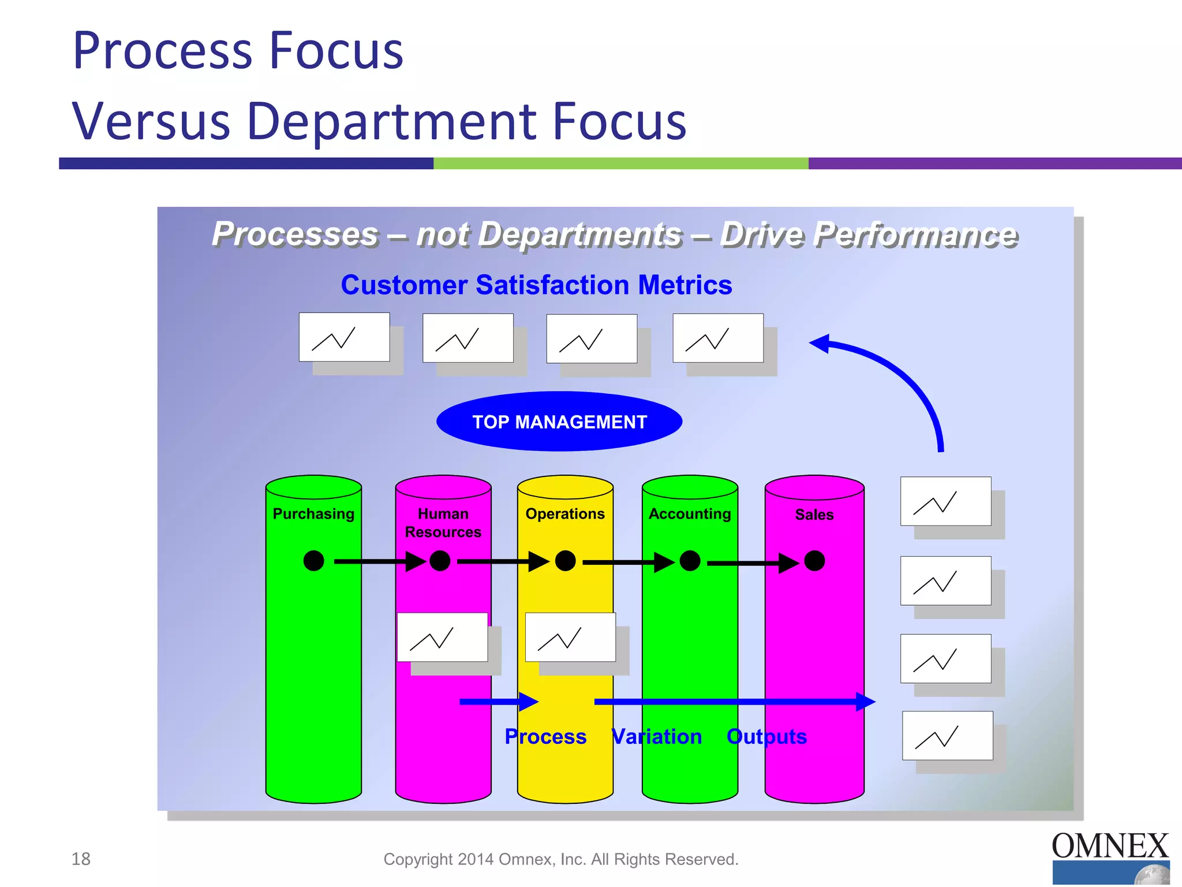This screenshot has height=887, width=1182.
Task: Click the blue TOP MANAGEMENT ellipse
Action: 559,422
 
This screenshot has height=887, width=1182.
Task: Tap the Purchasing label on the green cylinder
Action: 313,513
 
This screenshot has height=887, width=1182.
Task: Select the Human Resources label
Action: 443,523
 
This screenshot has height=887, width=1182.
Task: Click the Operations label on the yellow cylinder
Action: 565,513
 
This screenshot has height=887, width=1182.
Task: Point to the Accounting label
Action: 690,513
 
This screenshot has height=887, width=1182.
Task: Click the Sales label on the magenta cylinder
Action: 814,515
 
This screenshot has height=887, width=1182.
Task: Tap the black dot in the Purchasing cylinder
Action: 313,561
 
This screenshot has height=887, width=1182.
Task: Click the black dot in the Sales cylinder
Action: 814,561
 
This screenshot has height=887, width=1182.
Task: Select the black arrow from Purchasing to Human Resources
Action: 378,561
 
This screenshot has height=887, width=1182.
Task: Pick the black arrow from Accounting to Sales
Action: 750,562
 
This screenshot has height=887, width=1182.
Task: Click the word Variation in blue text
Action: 656,737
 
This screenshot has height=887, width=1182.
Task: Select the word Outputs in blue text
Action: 766,737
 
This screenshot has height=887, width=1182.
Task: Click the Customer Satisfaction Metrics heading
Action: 536,285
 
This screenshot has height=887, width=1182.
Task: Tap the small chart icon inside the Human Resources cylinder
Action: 442,638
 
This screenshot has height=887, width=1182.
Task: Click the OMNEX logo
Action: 1110,857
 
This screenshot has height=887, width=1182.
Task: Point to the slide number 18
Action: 81,859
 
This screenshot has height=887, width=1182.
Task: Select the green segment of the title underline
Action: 620,163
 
